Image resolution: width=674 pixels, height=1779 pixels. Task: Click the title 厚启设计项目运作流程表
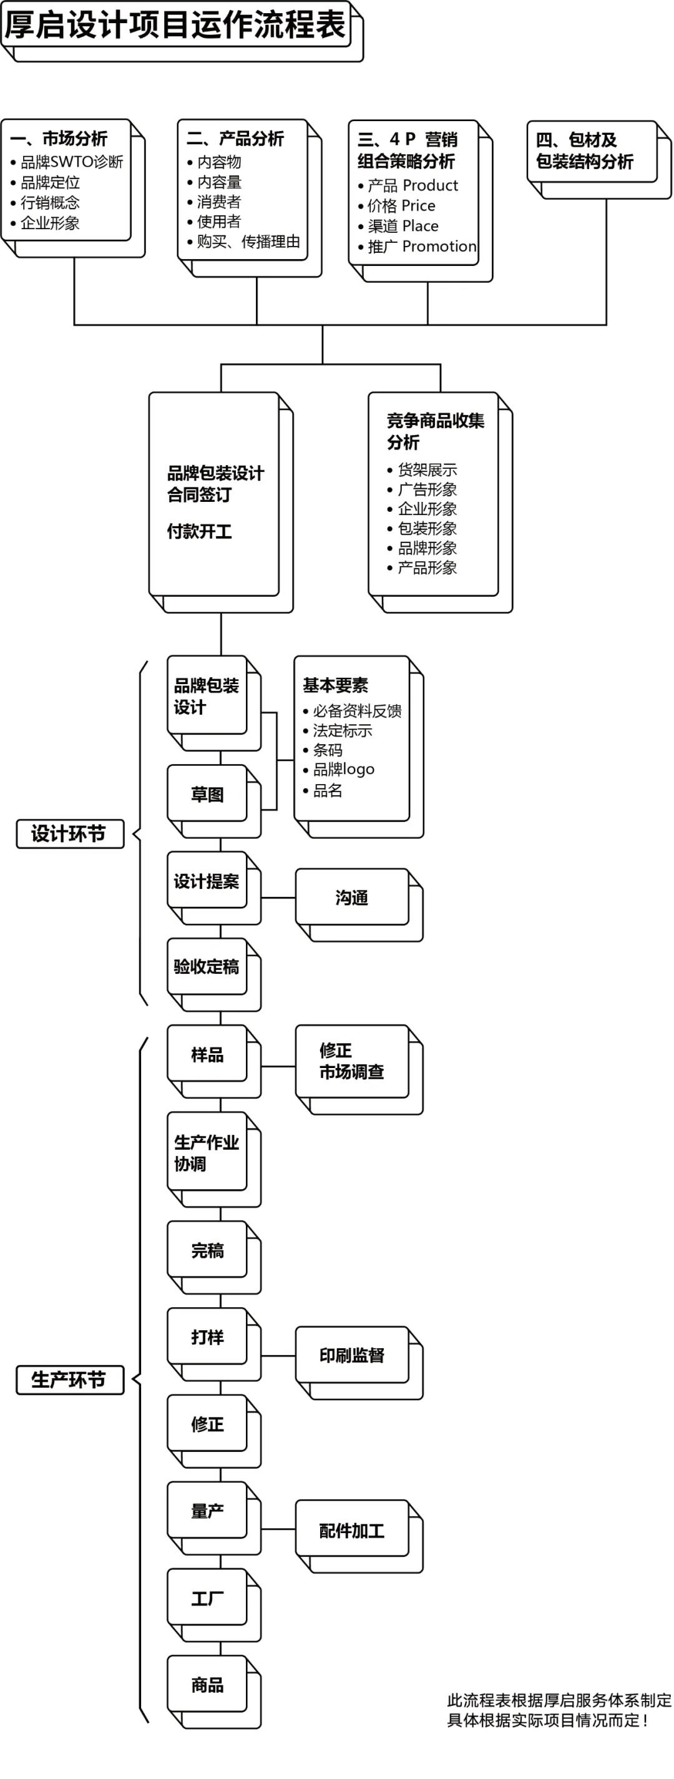click(175, 25)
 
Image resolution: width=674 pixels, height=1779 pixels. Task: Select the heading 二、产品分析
click(235, 139)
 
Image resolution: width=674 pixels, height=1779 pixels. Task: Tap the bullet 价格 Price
click(401, 206)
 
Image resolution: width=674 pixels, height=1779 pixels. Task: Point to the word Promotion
click(439, 247)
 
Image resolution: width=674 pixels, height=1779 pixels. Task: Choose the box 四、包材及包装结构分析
click(591, 151)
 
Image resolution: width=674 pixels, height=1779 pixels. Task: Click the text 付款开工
click(199, 531)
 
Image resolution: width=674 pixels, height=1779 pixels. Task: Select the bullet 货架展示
click(427, 470)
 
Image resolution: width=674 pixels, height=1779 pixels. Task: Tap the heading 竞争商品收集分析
click(435, 431)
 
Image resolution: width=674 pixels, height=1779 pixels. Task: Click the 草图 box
click(207, 794)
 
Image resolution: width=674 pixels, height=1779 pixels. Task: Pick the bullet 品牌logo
click(343, 769)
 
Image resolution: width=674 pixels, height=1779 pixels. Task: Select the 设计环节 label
click(70, 833)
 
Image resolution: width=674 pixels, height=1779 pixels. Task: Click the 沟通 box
click(351, 897)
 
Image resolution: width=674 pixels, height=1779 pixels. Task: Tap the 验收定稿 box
click(207, 966)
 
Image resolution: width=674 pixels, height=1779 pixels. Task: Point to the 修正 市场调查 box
click(351, 1061)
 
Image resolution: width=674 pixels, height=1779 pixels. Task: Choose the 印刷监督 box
click(351, 1355)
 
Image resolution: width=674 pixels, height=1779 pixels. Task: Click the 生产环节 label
click(70, 1380)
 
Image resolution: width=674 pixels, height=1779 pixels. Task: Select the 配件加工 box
click(351, 1531)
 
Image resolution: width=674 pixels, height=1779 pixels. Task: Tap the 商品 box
click(207, 1685)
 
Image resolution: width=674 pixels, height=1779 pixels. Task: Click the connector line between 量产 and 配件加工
click(278, 1529)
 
